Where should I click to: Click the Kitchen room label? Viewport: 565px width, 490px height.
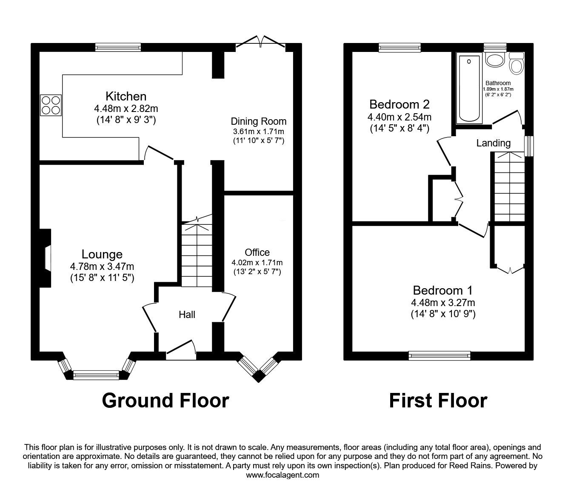[x=126, y=96]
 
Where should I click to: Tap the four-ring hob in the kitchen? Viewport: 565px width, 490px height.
[x=51, y=105]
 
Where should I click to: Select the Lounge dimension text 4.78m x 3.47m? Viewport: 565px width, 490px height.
[x=102, y=266]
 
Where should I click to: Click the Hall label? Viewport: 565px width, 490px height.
[x=187, y=315]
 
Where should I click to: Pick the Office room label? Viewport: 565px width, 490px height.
[x=257, y=252]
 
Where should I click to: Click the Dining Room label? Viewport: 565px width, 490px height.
[x=259, y=121]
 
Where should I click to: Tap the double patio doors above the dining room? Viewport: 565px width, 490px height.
[x=260, y=44]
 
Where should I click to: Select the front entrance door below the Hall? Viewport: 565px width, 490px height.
[x=181, y=351]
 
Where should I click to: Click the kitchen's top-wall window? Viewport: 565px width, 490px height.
[x=118, y=48]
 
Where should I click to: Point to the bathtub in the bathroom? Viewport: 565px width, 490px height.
[x=469, y=88]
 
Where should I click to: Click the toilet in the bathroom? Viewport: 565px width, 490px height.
[x=516, y=63]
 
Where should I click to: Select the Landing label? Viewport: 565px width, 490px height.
[x=494, y=143]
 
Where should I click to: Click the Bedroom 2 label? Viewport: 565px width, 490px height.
[x=399, y=104]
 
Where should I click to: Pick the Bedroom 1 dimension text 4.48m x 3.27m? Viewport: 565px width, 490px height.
[x=443, y=303]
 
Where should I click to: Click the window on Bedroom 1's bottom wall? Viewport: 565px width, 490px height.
[x=439, y=355]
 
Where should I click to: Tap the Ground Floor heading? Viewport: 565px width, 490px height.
[x=166, y=401]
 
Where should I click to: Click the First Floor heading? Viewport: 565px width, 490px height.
[x=438, y=401]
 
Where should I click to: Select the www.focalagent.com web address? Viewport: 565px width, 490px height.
[x=282, y=475]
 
